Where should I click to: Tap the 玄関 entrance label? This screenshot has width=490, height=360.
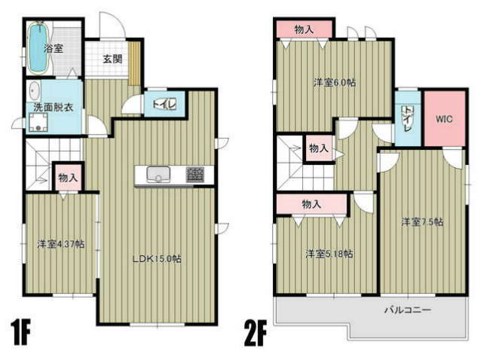(x=112, y=59)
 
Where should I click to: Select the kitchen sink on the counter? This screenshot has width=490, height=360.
(x=158, y=175)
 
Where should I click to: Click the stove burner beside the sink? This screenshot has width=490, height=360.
(x=195, y=175)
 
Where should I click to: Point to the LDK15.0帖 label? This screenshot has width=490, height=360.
(x=157, y=259)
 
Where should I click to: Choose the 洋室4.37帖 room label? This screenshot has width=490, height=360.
(x=61, y=244)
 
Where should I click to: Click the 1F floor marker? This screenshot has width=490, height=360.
(x=20, y=332)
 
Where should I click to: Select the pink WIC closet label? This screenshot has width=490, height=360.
(x=444, y=119)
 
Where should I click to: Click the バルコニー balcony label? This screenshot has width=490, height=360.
(x=408, y=310)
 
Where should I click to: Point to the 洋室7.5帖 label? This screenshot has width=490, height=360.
(x=422, y=222)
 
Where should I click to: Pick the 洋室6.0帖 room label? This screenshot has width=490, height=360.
(x=335, y=83)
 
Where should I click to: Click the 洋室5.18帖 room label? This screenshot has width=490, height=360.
(x=329, y=254)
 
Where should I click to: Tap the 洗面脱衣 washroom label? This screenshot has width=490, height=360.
(x=53, y=108)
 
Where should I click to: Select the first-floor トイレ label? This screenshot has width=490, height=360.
(x=164, y=104)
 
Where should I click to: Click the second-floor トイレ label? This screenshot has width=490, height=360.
(x=407, y=119)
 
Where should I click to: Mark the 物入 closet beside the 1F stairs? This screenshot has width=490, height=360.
(x=68, y=178)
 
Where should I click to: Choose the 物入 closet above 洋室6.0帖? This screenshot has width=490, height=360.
(x=304, y=29)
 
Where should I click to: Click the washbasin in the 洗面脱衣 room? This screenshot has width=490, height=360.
(x=35, y=91)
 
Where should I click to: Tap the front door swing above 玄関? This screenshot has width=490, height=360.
(x=112, y=25)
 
